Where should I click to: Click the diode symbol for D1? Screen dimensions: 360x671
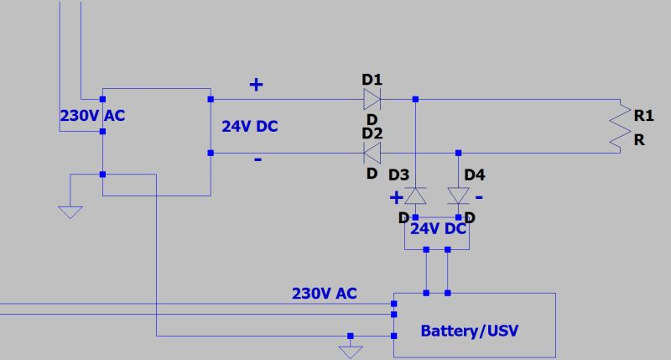point(372,100)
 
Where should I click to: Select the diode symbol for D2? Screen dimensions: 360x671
point(372,153)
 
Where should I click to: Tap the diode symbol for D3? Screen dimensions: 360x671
point(416,196)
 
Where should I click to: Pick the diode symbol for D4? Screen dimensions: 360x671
point(458,196)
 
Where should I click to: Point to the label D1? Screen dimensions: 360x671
point(372,80)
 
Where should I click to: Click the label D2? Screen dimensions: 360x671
point(372,133)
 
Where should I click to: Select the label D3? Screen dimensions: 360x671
point(399,175)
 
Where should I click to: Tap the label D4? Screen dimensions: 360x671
point(474,175)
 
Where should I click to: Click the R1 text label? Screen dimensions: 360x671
point(643,114)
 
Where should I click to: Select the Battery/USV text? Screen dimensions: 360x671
point(469,330)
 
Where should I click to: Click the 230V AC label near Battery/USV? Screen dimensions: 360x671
point(324,294)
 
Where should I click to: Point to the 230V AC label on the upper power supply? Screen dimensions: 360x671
point(92,116)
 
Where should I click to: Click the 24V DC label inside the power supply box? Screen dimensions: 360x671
point(249,127)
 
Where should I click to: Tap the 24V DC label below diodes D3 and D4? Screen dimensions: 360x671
point(437,228)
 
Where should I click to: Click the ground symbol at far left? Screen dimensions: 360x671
point(70,211)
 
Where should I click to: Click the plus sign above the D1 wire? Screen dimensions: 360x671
point(256,84)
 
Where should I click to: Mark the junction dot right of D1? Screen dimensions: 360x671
point(416,100)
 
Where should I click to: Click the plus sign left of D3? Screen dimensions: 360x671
point(395,198)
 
